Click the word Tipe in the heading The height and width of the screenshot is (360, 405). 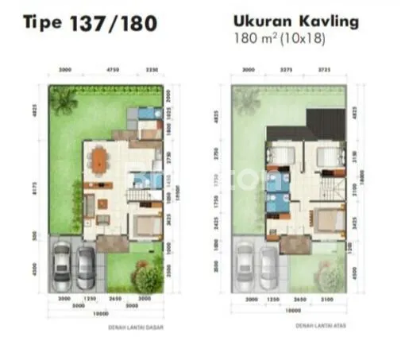point(42,24)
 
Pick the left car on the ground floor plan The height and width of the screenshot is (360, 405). point(62,267)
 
